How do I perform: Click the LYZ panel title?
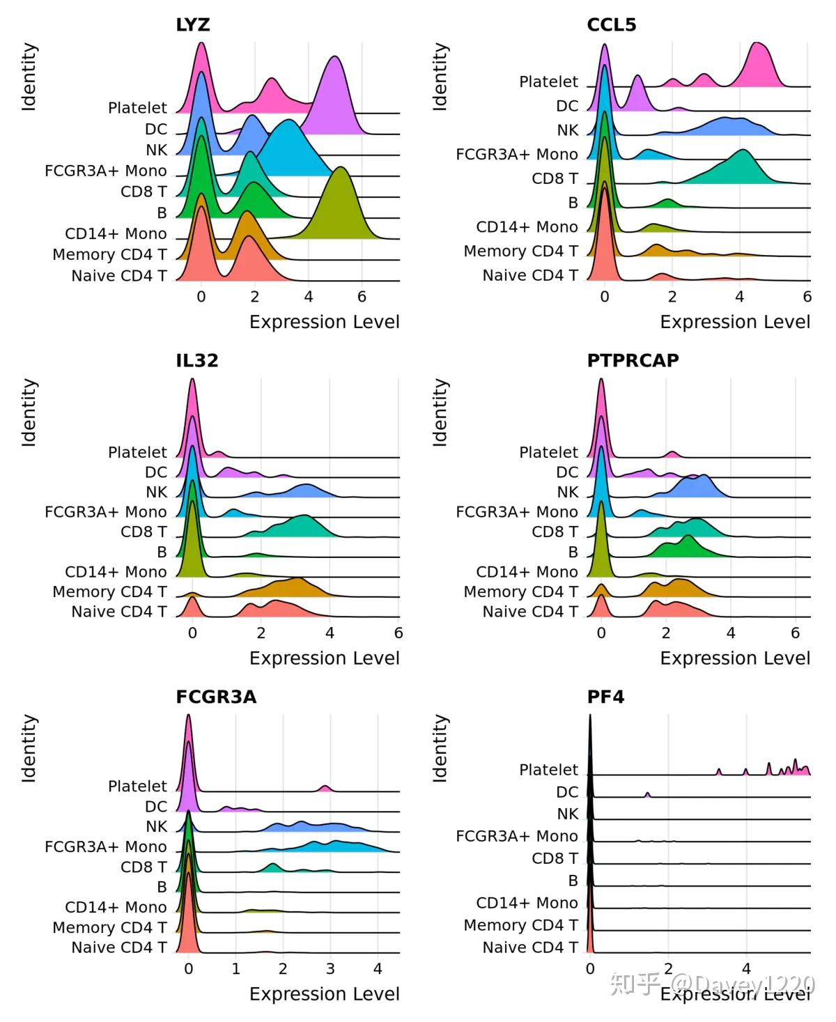[x=193, y=25]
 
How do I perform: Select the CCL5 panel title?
[x=611, y=25]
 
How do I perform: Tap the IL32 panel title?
[x=197, y=360]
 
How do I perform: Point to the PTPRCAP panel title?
[x=633, y=360]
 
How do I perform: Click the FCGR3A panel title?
[x=216, y=697]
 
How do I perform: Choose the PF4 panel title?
[x=605, y=697]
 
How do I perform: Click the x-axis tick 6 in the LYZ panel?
[x=362, y=297]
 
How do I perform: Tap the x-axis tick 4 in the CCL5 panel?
[x=739, y=297]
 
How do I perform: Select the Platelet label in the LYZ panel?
[x=137, y=108]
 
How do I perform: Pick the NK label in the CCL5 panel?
[x=567, y=130]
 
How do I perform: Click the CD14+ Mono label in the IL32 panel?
[x=116, y=572]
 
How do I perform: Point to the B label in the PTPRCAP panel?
[x=573, y=552]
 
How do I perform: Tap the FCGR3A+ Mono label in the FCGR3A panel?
[x=106, y=846]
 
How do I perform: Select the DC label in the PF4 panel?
[x=567, y=792]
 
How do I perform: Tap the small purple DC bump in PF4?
[x=647, y=795]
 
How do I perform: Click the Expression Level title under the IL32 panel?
[x=324, y=658]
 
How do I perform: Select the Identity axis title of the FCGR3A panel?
[x=29, y=748]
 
